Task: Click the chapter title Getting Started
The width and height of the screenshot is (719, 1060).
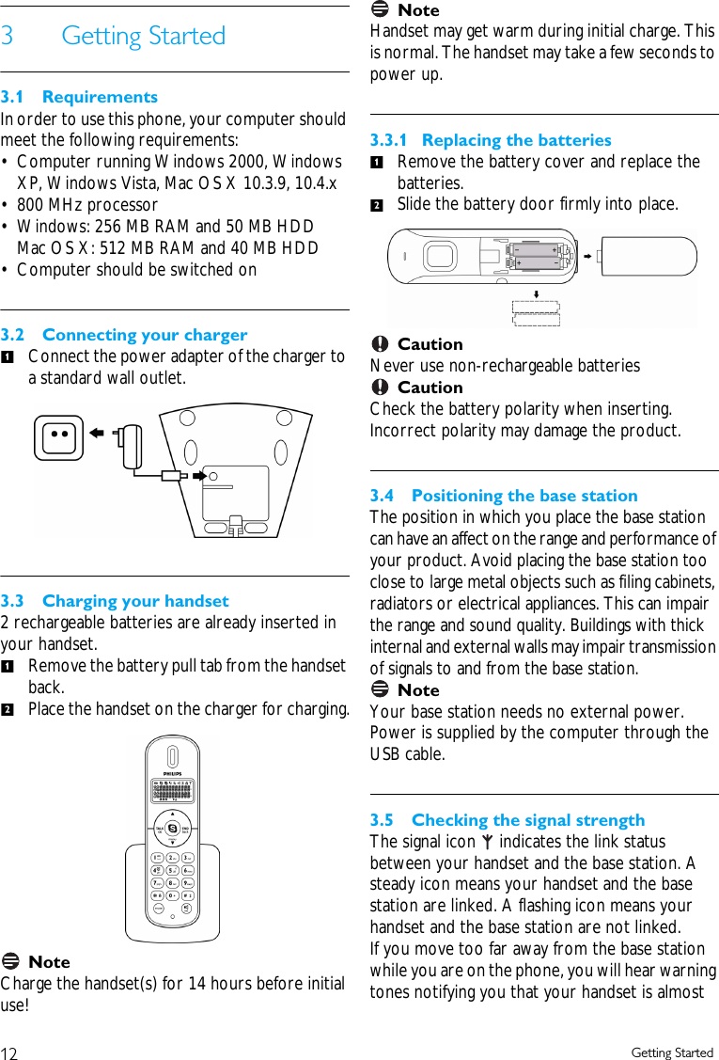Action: click(x=143, y=36)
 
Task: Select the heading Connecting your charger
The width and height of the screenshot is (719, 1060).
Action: click(x=145, y=335)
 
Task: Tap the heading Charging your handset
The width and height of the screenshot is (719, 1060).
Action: click(x=135, y=601)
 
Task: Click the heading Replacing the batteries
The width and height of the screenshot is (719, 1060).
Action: click(x=516, y=140)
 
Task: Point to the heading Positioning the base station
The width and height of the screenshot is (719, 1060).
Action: click(x=524, y=496)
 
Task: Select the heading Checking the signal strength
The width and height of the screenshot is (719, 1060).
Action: click(x=527, y=820)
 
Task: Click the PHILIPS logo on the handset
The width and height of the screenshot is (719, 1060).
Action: click(x=173, y=774)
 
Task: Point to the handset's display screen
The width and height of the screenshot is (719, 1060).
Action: click(x=173, y=791)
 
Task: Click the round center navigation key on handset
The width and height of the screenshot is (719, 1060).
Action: click(x=173, y=828)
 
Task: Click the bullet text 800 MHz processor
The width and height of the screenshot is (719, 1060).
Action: click(x=87, y=205)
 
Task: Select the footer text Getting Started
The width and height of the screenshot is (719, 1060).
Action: click(x=672, y=1052)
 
